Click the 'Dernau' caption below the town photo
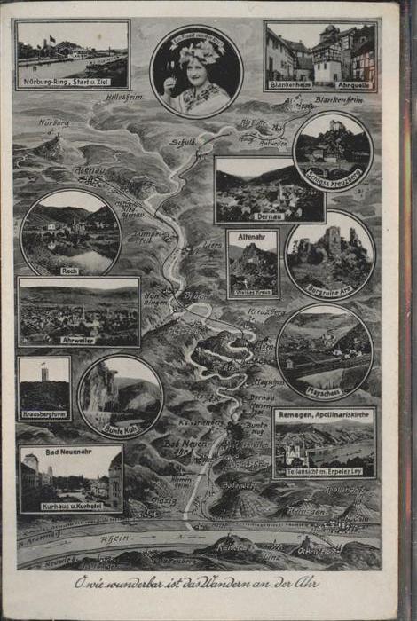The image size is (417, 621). (269, 215)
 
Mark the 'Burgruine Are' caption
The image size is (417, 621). (329, 289)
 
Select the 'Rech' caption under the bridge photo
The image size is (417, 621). (69, 269)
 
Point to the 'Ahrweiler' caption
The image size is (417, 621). (78, 338)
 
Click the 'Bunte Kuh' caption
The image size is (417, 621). (120, 429)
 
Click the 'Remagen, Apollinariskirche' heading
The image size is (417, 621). (324, 413)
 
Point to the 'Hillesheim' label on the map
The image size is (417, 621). (125, 97)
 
